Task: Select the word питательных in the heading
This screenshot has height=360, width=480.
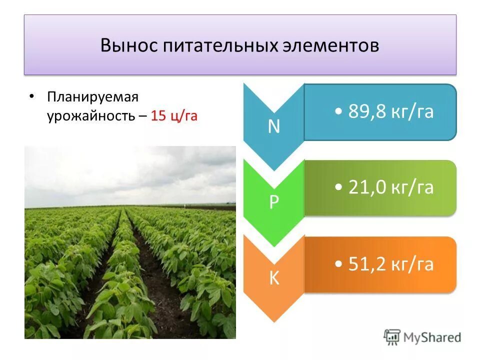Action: click(219, 46)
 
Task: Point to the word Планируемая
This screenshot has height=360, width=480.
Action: click(92, 96)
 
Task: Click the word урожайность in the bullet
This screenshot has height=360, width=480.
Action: click(90, 116)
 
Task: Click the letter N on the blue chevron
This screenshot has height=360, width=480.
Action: click(273, 127)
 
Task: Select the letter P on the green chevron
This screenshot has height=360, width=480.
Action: click(274, 202)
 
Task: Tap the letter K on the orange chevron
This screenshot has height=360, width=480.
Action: click(274, 278)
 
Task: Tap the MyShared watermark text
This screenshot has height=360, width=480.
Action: click(432, 337)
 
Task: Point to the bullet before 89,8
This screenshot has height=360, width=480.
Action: click(339, 113)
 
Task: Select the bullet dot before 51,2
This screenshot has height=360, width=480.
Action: click(339, 265)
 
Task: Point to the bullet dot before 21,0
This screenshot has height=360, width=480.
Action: click(339, 189)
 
